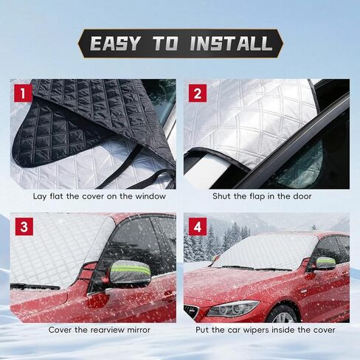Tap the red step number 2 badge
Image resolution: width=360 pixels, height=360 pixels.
tap(198, 94)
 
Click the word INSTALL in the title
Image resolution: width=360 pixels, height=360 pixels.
tap(231, 44)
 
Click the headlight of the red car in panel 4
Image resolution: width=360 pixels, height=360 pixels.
tap(230, 308)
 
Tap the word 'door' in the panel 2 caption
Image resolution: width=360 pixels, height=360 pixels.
tap(301, 196)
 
